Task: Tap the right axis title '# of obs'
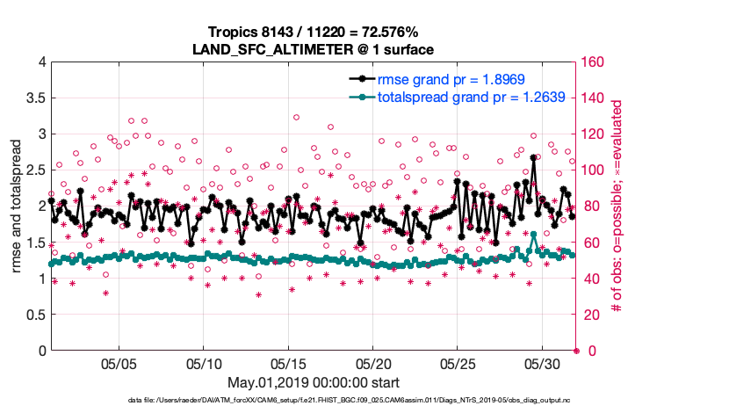click(617, 206)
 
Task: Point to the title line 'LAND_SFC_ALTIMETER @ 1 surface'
click(313, 49)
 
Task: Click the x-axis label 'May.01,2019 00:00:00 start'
click(313, 383)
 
